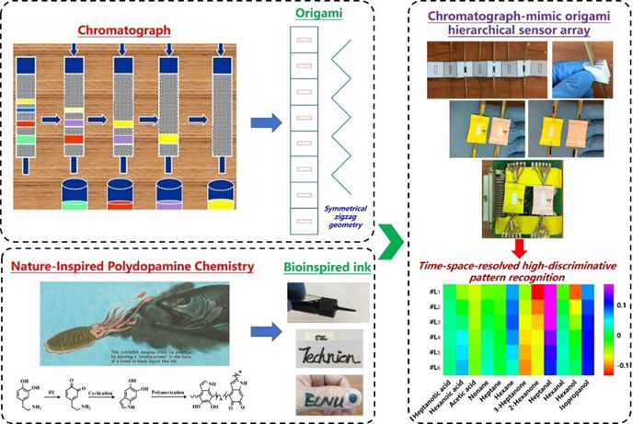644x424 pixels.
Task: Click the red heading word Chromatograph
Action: (122, 30)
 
